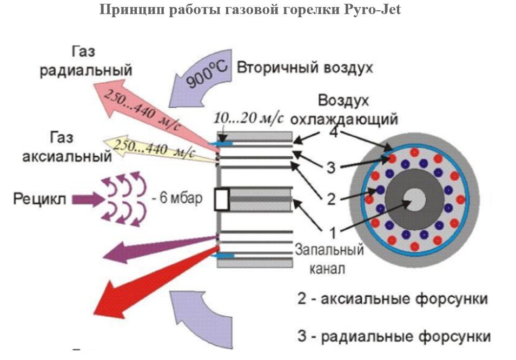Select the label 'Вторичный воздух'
305,69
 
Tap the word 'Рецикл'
40,199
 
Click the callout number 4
335,132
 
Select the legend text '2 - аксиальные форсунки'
393,299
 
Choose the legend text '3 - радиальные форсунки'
394,336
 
